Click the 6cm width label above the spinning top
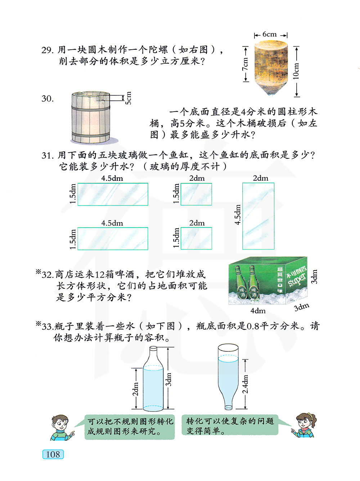pos(269,34)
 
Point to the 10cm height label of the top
pos(296,71)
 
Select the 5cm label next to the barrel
pos(128,98)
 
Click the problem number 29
pos(47,50)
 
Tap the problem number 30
pos(48,98)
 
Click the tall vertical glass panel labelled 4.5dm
pos(258,216)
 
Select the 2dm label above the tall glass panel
pos(260,178)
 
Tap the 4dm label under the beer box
pos(258,311)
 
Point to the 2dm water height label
pos(136,389)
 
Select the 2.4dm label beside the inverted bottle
pos(245,384)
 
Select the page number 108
pos(53,454)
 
